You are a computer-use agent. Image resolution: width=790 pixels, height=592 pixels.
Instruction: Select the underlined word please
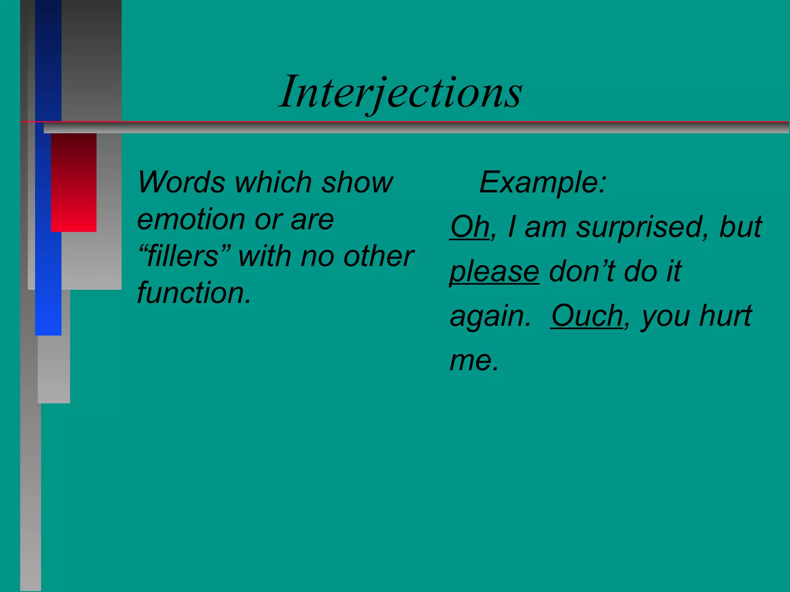(x=494, y=272)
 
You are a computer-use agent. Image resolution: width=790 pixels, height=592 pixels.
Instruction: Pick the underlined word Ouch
(x=587, y=316)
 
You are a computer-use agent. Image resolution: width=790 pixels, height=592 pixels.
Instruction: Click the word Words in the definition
(x=181, y=182)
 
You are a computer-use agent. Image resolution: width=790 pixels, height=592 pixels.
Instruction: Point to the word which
(x=273, y=182)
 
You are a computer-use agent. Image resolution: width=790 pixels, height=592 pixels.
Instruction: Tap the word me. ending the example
(x=474, y=361)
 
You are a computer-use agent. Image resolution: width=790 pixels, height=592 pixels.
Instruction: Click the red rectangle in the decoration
(x=74, y=182)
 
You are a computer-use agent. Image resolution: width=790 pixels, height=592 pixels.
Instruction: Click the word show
(x=357, y=182)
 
